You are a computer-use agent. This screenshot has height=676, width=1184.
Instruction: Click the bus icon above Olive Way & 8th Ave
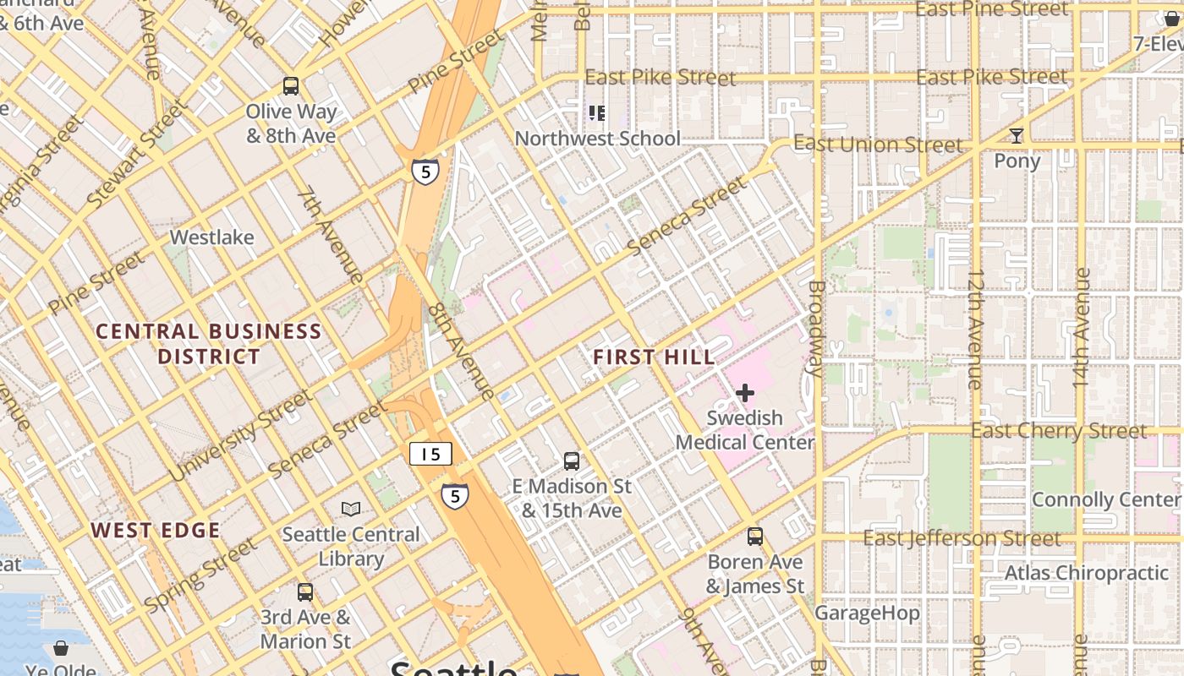coord(291,85)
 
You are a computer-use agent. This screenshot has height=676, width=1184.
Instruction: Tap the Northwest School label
coord(597,139)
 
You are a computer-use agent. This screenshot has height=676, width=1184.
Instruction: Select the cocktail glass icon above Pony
coord(1016,136)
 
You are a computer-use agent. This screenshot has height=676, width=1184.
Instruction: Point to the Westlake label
coord(211,237)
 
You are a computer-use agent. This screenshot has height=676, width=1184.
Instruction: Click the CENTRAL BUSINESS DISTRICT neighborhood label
coord(208,343)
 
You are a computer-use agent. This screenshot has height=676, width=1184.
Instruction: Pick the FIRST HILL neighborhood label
coord(654,357)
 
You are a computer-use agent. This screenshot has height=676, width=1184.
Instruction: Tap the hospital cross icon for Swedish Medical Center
coord(745,393)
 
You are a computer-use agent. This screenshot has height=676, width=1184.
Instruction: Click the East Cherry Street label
coord(1058,431)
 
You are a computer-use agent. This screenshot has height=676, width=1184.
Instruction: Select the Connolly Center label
coord(1105,499)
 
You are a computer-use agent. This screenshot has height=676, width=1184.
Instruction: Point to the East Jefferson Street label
coord(961,538)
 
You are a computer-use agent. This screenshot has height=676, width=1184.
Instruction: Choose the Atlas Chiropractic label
coord(1086,573)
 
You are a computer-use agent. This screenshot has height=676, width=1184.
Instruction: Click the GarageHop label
coord(867,613)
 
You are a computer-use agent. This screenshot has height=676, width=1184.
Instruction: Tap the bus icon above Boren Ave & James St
coord(755,537)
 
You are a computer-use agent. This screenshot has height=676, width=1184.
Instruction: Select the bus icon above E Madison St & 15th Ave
coord(572,461)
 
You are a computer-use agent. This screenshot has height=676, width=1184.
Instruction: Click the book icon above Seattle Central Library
coord(350,509)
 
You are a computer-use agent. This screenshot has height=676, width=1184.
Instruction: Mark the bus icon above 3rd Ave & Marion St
coord(305,592)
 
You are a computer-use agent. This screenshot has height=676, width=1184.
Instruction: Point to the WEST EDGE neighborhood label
coord(156,531)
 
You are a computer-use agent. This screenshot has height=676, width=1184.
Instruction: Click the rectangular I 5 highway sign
coord(430,454)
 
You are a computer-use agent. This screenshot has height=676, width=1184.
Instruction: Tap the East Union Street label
coord(877,144)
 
